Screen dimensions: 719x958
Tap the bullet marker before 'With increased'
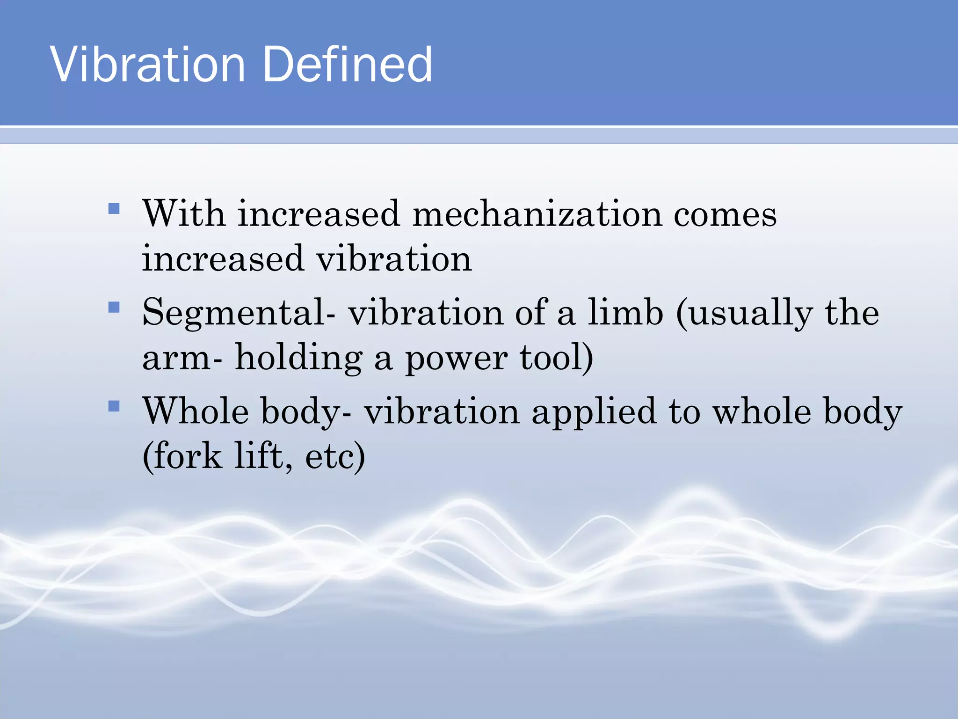114,208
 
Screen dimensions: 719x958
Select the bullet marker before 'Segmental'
114,307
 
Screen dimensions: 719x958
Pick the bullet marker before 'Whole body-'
114,405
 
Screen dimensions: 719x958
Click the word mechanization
537,214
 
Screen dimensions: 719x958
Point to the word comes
725,215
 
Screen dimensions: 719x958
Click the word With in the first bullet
184,214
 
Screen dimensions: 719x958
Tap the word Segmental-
239,313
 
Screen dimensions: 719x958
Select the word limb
625,312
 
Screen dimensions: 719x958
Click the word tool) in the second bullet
556,358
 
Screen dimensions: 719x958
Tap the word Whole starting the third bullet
196,411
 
